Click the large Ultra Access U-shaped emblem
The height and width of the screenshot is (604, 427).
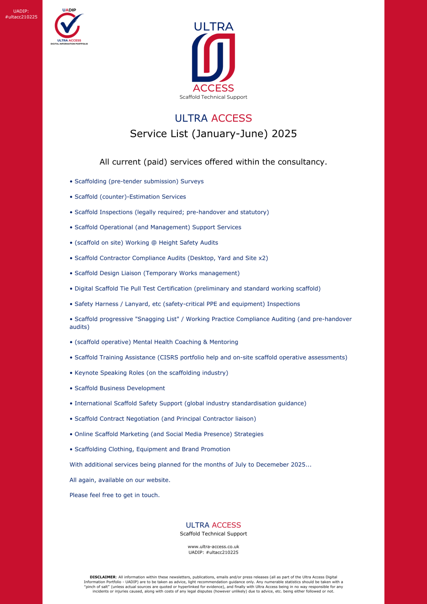pyautogui.click(x=213, y=58)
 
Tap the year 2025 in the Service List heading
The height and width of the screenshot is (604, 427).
pyautogui.click(x=284, y=134)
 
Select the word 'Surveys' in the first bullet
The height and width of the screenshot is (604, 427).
pyautogui.click(x=192, y=182)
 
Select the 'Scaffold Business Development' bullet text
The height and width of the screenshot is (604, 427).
pyautogui.click(x=120, y=388)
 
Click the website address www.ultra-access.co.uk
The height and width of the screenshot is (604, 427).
pyautogui.click(x=213, y=547)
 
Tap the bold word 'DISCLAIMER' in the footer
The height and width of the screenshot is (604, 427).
pyautogui.click(x=103, y=577)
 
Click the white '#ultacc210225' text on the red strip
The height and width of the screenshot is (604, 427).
pyautogui.click(x=21, y=17)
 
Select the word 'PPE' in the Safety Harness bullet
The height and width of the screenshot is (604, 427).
pyautogui.click(x=212, y=304)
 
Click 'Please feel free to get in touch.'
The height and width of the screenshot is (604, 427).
pyautogui.click(x=114, y=495)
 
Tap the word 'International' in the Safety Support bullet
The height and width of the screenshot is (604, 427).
pyautogui.click(x=93, y=404)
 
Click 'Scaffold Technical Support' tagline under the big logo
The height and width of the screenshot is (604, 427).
pyautogui.click(x=213, y=97)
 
